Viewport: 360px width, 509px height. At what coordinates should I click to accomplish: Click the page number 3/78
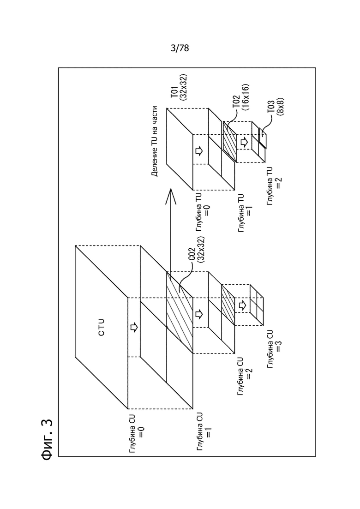click(x=180, y=48)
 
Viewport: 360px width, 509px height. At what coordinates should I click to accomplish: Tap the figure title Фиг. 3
click(x=48, y=440)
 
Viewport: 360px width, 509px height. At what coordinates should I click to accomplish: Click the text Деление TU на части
click(x=155, y=141)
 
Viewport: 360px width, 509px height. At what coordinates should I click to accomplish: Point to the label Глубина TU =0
click(x=203, y=211)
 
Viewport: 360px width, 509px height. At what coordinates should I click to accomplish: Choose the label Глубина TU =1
click(x=246, y=213)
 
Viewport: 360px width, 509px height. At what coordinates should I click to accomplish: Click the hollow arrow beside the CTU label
click(x=133, y=327)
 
